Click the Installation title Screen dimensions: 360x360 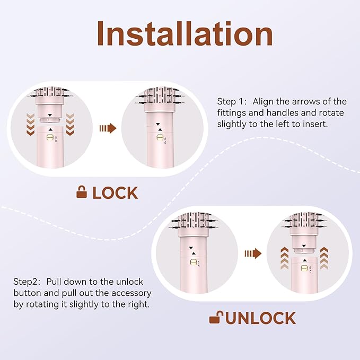(x=185, y=33)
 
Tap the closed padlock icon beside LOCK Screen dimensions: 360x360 (x=82, y=192)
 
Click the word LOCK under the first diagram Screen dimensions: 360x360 (x=115, y=193)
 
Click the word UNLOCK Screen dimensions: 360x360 (x=261, y=318)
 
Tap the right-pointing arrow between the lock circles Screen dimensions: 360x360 (x=108, y=128)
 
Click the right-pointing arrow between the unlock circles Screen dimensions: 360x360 (x=253, y=253)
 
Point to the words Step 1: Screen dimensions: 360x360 (x=232, y=101)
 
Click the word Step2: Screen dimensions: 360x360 (x=27, y=282)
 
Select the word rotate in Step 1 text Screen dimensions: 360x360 (x=331, y=113)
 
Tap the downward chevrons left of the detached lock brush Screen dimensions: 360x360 (x=31, y=124)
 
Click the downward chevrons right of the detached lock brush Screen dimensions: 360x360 (x=70, y=124)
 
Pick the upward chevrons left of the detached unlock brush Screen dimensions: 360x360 (x=284, y=259)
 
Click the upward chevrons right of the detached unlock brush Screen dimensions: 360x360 (x=324, y=259)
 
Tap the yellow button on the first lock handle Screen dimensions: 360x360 (x=50, y=137)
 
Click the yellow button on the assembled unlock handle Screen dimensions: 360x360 (x=194, y=262)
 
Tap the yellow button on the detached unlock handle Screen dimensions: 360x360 (x=304, y=268)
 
